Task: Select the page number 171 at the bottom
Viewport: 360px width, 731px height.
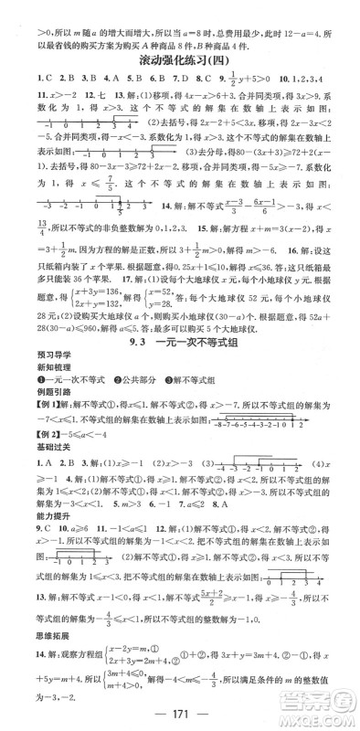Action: click(x=180, y=712)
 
